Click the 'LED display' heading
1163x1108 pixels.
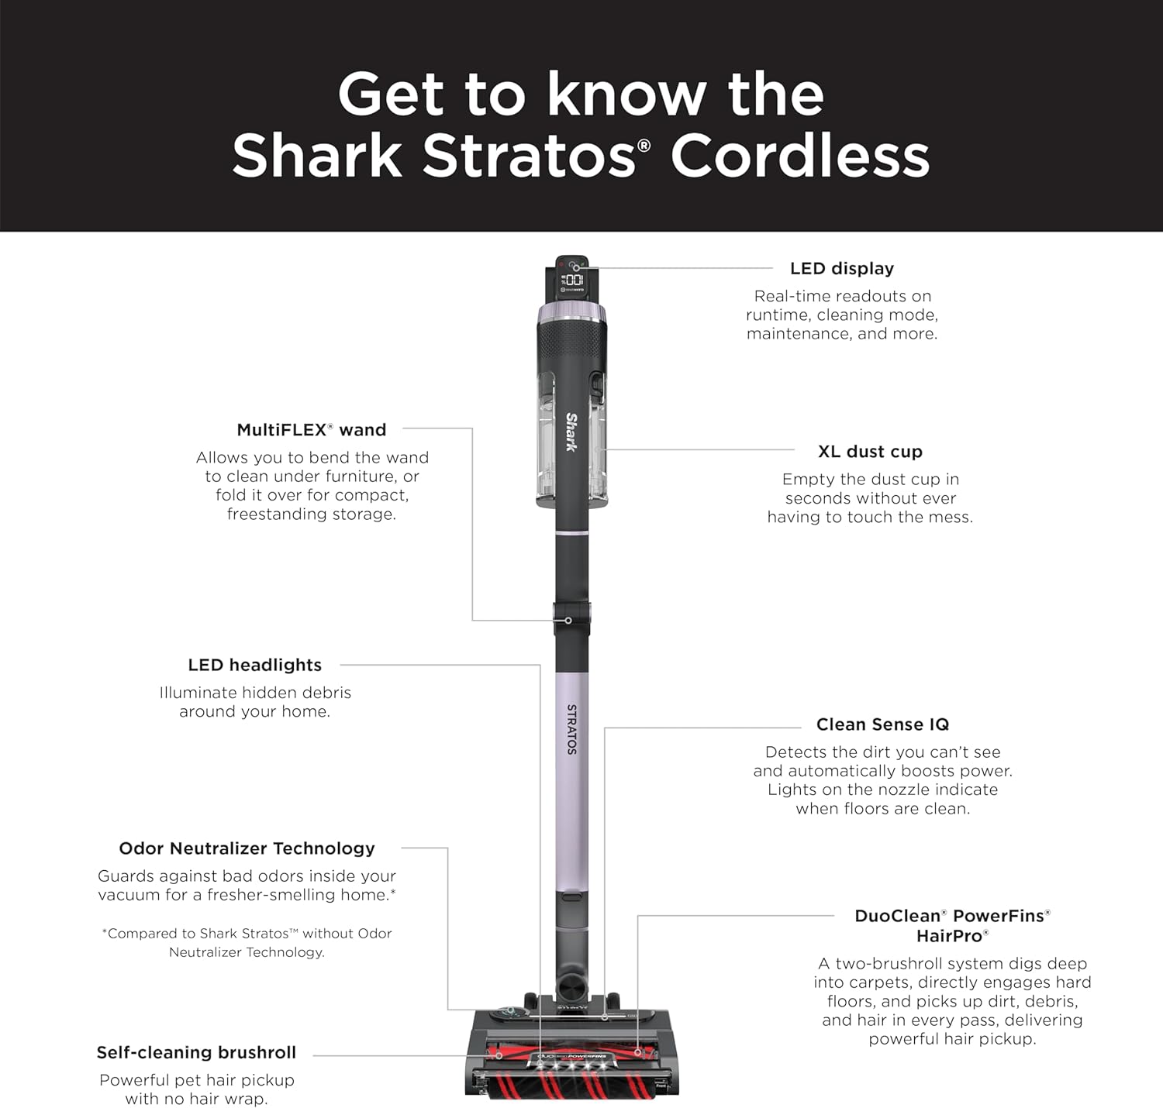[842, 268]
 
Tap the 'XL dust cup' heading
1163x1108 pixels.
[870, 452]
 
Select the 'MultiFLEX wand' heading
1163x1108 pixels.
[311, 430]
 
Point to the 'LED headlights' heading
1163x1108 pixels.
[255, 665]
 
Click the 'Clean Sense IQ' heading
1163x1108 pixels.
[882, 724]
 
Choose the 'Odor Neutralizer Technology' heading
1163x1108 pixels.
[247, 848]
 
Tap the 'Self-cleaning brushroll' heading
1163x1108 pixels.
[196, 1052]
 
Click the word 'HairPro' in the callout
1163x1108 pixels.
[952, 936]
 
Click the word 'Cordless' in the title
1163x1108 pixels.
[800, 157]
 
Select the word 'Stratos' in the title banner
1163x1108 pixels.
[530, 157]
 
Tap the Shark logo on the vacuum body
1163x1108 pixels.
[571, 432]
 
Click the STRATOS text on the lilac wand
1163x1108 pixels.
[571, 729]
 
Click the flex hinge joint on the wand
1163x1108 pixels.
[572, 620]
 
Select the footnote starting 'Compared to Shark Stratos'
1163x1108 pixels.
[247, 942]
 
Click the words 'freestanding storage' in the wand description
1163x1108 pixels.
[311, 514]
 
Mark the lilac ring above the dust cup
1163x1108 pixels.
[571, 313]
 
